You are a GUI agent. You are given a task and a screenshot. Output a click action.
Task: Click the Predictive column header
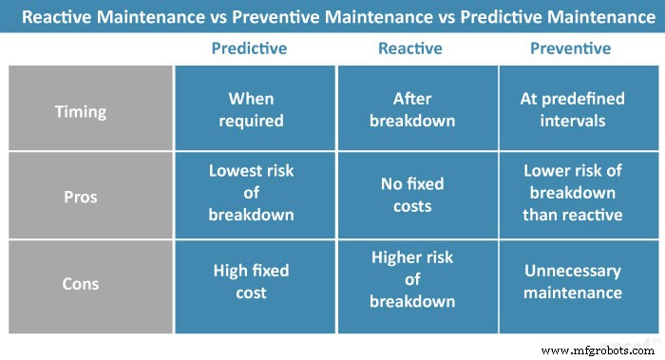252,48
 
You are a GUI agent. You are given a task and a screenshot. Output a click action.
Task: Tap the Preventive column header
572,48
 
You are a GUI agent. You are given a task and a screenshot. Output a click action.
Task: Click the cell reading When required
252,110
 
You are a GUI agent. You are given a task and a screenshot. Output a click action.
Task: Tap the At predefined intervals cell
572,110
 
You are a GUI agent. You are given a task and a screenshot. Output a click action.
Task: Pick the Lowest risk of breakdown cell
252,193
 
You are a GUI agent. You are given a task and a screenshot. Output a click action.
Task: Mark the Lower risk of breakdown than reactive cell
572,194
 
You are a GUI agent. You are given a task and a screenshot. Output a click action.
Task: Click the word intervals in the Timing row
572,121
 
